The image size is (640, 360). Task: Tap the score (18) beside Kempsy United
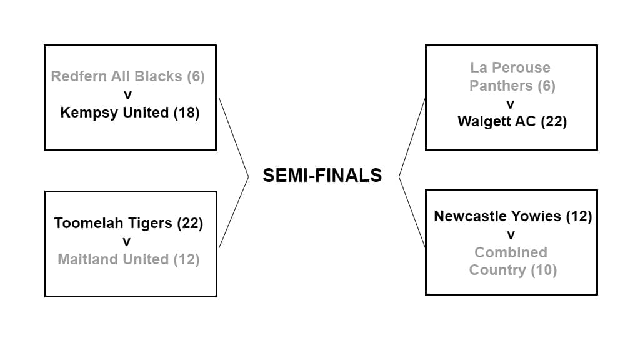[187, 112]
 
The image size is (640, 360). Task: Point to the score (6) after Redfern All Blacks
[196, 76]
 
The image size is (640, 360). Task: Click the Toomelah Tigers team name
[113, 223]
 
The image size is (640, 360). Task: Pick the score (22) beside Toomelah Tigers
[190, 223]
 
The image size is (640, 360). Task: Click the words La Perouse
[510, 67]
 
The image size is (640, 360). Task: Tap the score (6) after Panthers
[546, 86]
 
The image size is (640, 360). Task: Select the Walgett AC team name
[496, 121]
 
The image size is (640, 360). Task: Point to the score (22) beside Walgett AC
[553, 121]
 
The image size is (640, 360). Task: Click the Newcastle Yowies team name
[497, 216]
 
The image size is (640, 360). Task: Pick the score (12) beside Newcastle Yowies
[578, 216]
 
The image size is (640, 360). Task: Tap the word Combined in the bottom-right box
[510, 252]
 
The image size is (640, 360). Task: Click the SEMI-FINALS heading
[322, 176]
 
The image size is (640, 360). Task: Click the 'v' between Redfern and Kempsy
[128, 94]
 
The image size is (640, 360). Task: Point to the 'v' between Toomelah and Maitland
[127, 241]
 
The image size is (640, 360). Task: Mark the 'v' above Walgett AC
[511, 104]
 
